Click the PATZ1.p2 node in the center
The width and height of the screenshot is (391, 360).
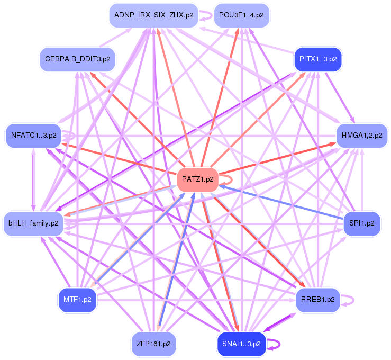click(x=197, y=179)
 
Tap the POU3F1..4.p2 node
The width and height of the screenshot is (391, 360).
click(x=242, y=15)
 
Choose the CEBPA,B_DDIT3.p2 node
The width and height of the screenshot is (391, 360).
click(x=77, y=59)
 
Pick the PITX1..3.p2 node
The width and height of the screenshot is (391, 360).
click(x=318, y=59)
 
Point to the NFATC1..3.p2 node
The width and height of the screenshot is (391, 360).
click(x=33, y=135)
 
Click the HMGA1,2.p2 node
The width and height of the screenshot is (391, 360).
click(x=362, y=135)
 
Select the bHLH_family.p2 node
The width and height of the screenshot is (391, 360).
click(x=33, y=223)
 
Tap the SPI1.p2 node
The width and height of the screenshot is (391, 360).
click(x=362, y=223)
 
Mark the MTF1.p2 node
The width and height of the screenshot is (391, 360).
click(x=77, y=299)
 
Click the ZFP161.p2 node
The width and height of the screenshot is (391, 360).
click(x=154, y=344)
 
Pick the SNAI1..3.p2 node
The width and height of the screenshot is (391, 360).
click(x=242, y=344)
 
